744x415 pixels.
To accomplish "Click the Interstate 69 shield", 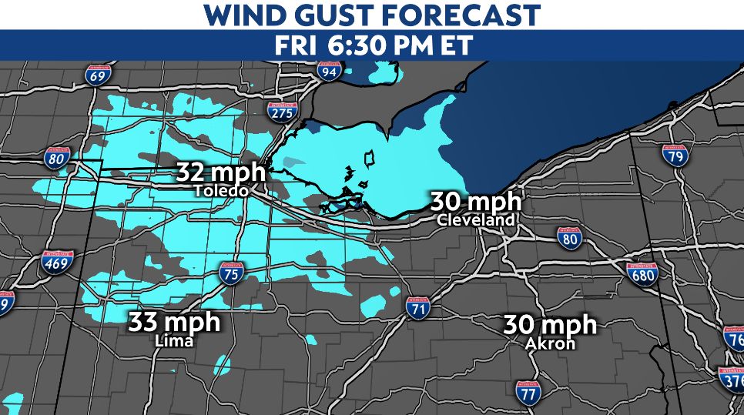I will point(98,75).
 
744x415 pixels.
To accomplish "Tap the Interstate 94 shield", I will point(330,71).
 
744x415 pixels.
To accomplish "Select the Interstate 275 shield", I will point(283,112).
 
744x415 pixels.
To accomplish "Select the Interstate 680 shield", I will point(642,273).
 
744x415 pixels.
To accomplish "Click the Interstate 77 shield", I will point(528,393).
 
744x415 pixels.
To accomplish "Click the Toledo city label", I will point(220,190).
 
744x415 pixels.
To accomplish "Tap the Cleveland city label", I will point(475,220).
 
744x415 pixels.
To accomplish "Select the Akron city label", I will point(550,343).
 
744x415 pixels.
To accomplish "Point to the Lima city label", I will point(173,340).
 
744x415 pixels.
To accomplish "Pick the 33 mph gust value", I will point(174,321).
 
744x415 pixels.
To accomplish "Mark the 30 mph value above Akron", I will point(550,324).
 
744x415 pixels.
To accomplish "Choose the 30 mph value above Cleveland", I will point(475,202).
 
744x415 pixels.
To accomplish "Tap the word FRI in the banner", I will point(293,45).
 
